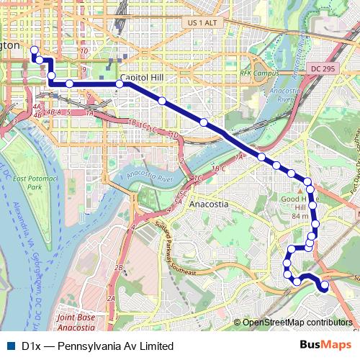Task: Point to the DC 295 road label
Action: tap(325, 68)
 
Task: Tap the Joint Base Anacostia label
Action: tap(76, 321)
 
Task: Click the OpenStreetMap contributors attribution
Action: tap(297, 322)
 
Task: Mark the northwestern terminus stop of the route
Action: tap(33, 50)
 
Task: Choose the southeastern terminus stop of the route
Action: tap(324, 286)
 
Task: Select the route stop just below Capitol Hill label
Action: tap(119, 84)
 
